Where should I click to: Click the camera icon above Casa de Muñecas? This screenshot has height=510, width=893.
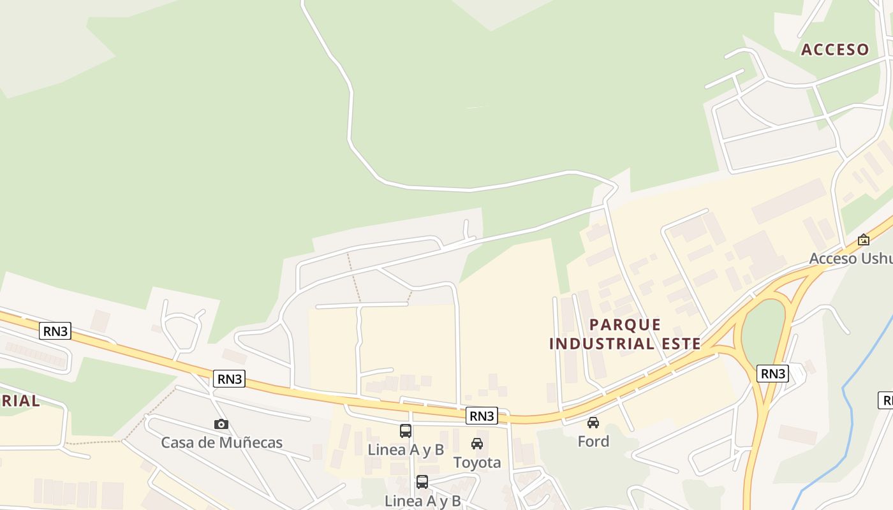pyautogui.click(x=221, y=424)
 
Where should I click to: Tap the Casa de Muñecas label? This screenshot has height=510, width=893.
pyautogui.click(x=221, y=442)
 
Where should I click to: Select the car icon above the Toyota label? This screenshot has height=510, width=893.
pyautogui.click(x=477, y=444)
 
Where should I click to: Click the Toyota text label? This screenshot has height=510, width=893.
pyautogui.click(x=477, y=462)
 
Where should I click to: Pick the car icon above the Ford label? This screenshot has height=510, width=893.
pyautogui.click(x=593, y=422)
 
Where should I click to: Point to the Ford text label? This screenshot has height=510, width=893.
pyautogui.click(x=593, y=441)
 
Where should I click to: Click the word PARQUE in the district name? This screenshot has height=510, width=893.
pyautogui.click(x=625, y=324)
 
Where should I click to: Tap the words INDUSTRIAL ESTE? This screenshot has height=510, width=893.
pyautogui.click(x=625, y=344)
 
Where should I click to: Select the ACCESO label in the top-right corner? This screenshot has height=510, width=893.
pyautogui.click(x=835, y=50)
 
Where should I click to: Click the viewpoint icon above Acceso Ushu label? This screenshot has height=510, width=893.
pyautogui.click(x=863, y=240)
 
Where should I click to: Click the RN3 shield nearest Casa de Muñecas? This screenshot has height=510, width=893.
pyautogui.click(x=230, y=379)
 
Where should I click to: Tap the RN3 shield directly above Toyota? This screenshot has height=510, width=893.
pyautogui.click(x=482, y=416)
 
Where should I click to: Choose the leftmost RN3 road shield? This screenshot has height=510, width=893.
pyautogui.click(x=55, y=331)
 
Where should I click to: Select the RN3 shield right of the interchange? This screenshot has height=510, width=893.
pyautogui.click(x=772, y=373)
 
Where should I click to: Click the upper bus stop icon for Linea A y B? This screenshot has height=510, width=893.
pyautogui.click(x=406, y=430)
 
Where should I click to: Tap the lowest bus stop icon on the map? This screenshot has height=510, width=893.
pyautogui.click(x=422, y=482)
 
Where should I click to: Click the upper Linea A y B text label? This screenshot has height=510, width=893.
pyautogui.click(x=406, y=449)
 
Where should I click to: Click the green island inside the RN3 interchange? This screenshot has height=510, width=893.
pyautogui.click(x=763, y=331)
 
